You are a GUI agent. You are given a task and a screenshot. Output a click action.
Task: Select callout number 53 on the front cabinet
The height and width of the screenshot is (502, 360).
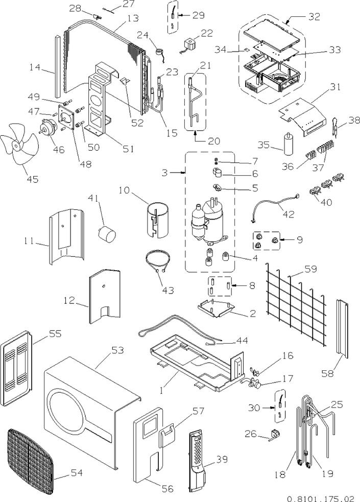pos(118,350)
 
